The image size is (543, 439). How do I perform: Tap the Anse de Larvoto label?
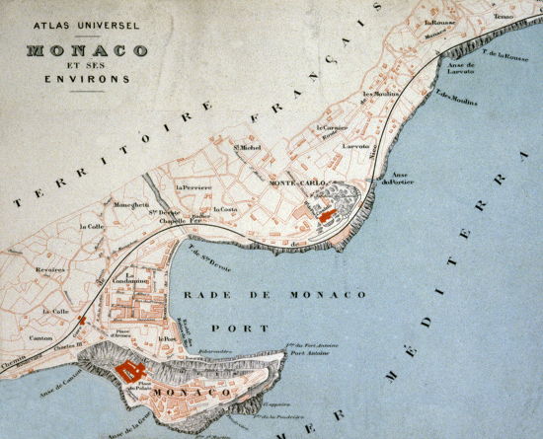tap(461, 69)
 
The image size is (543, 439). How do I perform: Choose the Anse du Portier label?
tap(399, 179)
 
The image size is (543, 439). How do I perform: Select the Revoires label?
tap(50, 268)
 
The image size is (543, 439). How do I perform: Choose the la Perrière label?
tap(194, 187)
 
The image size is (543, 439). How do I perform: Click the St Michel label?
tap(247, 149)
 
